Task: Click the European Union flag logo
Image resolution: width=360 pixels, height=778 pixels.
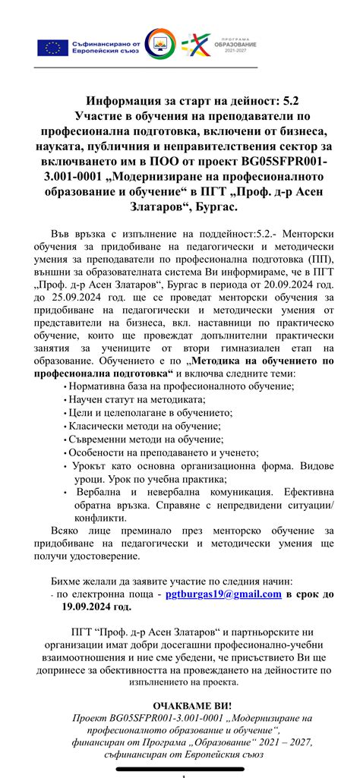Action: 54,47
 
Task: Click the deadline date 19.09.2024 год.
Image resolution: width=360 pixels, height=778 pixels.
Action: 96,606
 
